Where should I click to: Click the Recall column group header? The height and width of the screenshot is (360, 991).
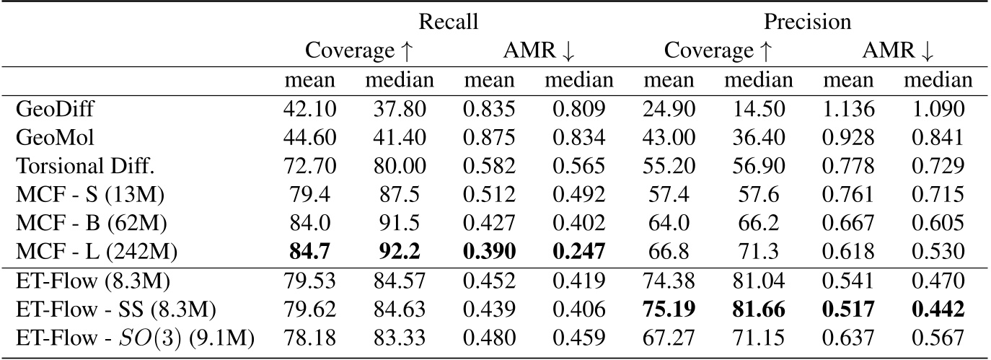click(x=449, y=22)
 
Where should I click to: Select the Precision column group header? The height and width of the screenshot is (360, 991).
click(x=808, y=22)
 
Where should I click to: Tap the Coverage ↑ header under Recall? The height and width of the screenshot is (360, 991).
click(x=358, y=51)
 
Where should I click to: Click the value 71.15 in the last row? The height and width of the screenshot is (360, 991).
click(x=758, y=338)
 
